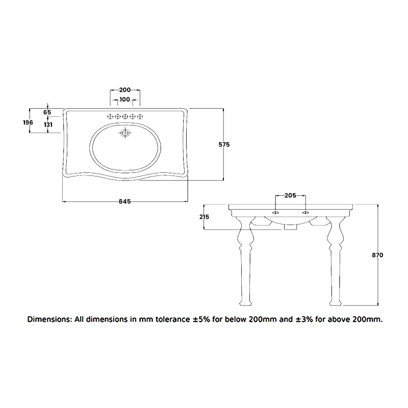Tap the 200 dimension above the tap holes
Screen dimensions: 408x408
[x=125, y=89]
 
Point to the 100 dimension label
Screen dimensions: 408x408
[x=125, y=99]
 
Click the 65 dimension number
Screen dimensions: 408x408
[x=47, y=112]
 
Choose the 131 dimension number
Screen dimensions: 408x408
[x=47, y=124]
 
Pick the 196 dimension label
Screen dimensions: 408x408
[x=28, y=122]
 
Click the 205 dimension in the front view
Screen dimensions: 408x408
[x=290, y=195]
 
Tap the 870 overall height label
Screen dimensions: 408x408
[x=378, y=255]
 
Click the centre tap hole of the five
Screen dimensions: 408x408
[x=125, y=117]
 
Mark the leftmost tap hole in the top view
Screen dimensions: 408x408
[x=110, y=117]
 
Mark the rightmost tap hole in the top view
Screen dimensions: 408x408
[x=140, y=117]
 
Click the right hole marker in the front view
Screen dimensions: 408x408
[x=305, y=212]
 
